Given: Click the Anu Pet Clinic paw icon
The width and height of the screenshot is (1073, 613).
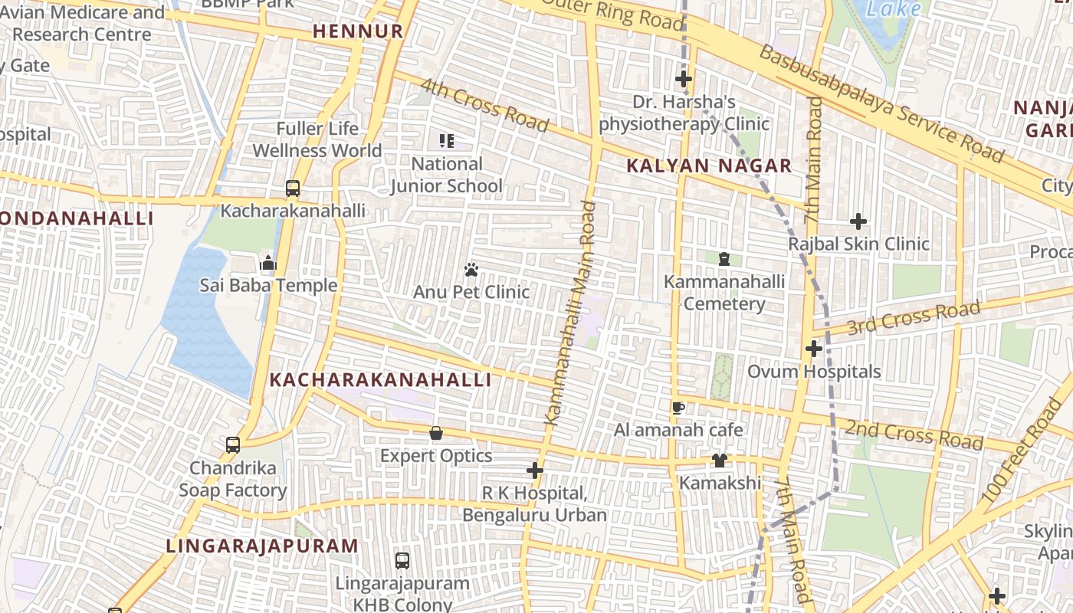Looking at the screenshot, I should coord(471,270).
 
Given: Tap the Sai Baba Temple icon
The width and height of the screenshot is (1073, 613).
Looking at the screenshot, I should coord(267,264).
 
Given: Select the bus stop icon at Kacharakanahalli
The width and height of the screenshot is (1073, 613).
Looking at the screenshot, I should coord(292,188).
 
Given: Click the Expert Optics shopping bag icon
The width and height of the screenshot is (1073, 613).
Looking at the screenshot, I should coord(436,434).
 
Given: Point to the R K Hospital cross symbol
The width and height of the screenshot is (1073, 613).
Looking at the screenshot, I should coord(535,470).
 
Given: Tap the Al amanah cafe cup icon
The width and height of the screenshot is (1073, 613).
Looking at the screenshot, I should coord(678,408).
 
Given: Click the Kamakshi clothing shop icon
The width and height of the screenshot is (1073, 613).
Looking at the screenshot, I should coord(719,461).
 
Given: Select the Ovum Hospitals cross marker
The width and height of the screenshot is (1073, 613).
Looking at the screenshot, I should coord(813,349).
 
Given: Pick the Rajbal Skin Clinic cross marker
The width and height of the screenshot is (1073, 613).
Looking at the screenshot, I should coord(858,222).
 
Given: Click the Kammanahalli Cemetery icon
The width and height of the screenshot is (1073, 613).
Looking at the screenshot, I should coord(724,259).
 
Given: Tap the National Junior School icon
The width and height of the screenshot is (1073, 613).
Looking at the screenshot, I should coord(447,140).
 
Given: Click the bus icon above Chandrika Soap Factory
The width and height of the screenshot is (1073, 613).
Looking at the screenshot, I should coord(232,444).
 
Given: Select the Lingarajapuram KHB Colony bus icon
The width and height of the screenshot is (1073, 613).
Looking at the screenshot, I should coord(402,560).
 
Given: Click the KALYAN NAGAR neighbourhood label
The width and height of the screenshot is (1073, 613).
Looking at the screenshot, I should coord(709,166).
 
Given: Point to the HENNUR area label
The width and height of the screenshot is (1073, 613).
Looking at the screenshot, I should coord(358,31).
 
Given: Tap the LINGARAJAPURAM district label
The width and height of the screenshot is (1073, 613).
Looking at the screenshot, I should coord(262,546).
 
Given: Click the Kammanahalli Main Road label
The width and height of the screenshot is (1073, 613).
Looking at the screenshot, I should coord(569,313).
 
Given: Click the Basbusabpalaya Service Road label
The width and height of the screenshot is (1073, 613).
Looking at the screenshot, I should coord(881,103).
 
